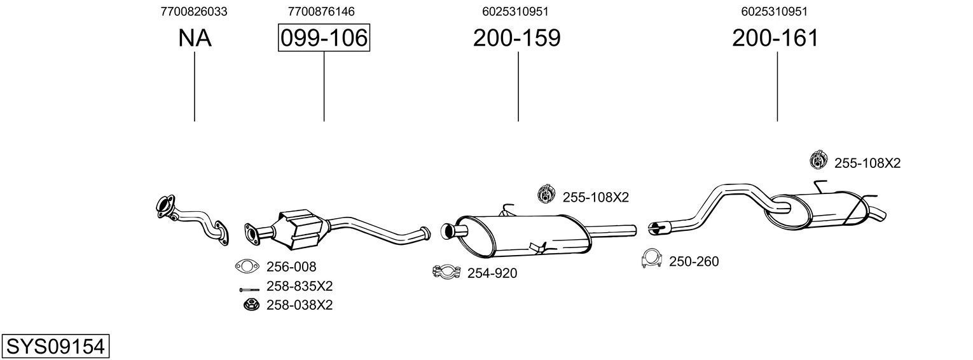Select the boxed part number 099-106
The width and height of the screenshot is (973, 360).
coord(324,38)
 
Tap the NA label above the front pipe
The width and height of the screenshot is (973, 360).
coord(194,38)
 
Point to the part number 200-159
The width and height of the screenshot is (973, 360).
coord(516,38)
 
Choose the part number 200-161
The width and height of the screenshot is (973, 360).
coord(775,38)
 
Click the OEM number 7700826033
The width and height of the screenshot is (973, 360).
coord(194,11)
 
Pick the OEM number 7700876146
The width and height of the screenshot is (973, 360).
coord(321,11)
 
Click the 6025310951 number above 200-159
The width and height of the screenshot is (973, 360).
coord(515,11)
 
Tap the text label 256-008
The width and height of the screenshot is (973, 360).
coord(291,267)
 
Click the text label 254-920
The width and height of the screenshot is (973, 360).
coord(492,273)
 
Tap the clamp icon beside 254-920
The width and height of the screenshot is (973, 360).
coord(446,272)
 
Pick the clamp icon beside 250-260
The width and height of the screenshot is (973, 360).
coord(651,260)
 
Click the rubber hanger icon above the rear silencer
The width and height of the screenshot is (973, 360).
coord(818,162)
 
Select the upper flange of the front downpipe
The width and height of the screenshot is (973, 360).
coord(165,207)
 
